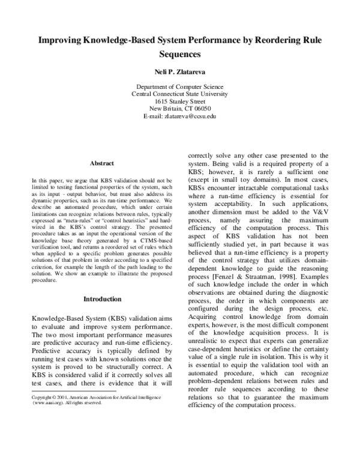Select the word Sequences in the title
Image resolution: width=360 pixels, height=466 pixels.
point(179,54)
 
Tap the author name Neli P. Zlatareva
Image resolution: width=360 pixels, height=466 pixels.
point(179,72)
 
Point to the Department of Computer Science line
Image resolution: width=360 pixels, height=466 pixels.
point(179,87)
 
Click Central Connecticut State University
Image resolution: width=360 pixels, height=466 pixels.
point(179,94)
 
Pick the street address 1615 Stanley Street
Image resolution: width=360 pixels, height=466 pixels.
point(179,101)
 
